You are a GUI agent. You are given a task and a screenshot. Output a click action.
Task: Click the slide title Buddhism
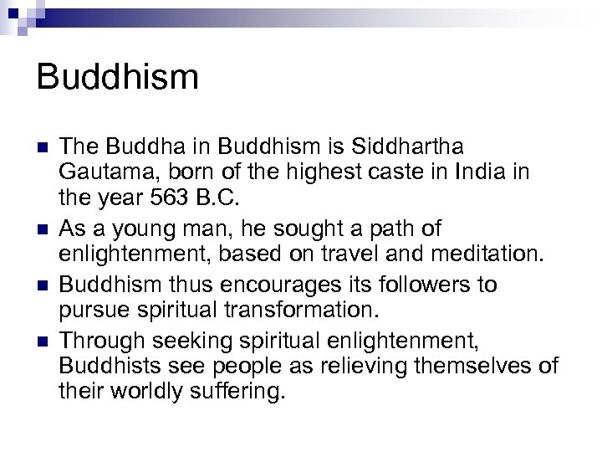pyautogui.click(x=118, y=78)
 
